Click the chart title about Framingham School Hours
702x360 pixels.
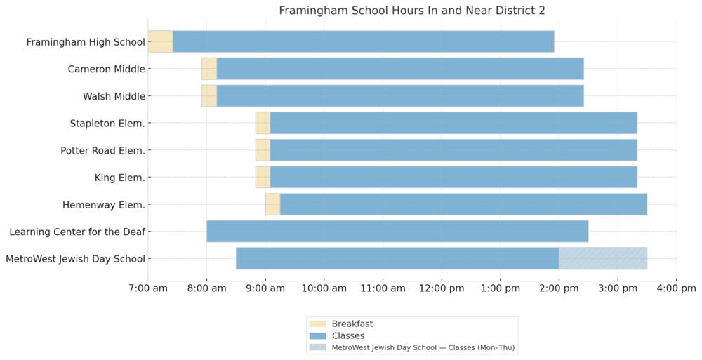412,11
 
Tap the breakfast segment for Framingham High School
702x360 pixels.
160,42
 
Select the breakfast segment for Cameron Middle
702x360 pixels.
209,69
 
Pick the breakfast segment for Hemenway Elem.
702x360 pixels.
272,205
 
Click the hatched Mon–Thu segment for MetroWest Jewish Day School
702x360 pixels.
602,258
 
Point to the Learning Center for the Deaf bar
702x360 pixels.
397,232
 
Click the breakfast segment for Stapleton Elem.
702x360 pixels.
263,124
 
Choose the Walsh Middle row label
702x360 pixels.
114,96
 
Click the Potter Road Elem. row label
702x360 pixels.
102,150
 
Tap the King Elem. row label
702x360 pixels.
119,178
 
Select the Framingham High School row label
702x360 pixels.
86,42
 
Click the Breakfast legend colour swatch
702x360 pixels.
318,324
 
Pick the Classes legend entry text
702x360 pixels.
347,336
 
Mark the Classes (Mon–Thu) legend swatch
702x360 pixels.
318,347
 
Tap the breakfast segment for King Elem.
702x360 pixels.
263,178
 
